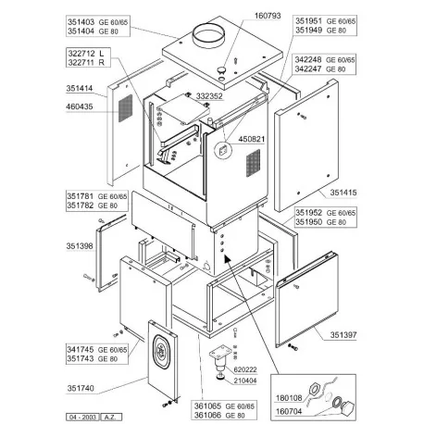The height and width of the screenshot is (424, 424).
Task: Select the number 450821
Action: [x=254, y=139]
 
